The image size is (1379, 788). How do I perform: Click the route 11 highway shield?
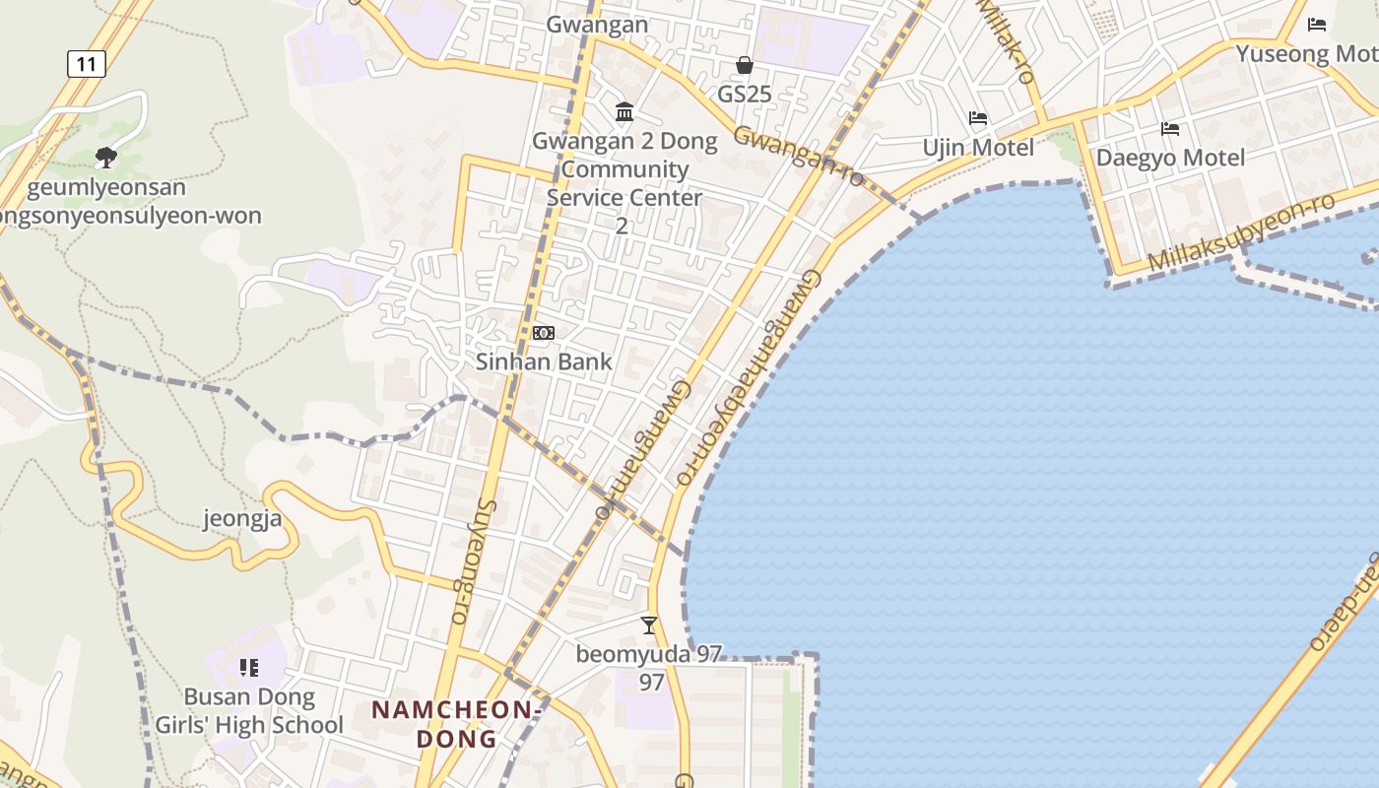(87, 65)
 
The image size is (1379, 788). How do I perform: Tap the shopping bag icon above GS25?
(745, 65)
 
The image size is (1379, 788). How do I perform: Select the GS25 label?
(745, 95)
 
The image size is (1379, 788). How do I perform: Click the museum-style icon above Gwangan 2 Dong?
(624, 112)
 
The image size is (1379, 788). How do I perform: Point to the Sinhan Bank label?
(544, 361)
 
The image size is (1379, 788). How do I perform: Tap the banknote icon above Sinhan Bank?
(544, 333)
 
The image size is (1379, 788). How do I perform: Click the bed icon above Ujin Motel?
(978, 118)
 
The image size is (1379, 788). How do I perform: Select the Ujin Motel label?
(978, 148)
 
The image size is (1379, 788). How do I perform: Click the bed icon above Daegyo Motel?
(1170, 129)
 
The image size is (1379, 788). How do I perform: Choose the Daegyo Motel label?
(1170, 158)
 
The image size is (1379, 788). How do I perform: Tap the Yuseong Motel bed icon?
(1317, 25)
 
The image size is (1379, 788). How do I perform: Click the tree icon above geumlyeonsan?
(106, 157)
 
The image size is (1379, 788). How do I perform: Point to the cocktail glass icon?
(649, 624)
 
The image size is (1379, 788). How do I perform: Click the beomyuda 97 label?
(649, 655)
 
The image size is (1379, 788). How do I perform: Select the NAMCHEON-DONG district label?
(456, 724)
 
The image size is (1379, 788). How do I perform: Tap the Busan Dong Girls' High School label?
(249, 711)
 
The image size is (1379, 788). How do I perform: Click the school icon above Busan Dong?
(249, 669)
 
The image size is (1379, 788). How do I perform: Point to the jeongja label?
(249, 518)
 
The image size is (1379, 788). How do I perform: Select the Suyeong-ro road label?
(471, 561)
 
